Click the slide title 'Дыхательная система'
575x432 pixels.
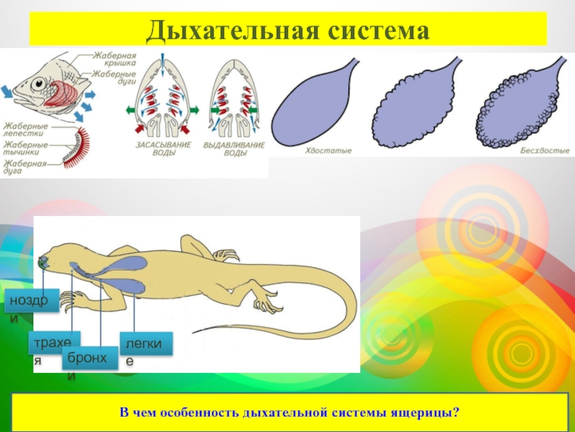(287, 30)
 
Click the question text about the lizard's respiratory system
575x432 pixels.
(289, 414)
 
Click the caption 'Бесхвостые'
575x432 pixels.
(545, 150)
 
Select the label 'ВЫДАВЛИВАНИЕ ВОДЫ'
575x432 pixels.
(226, 148)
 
